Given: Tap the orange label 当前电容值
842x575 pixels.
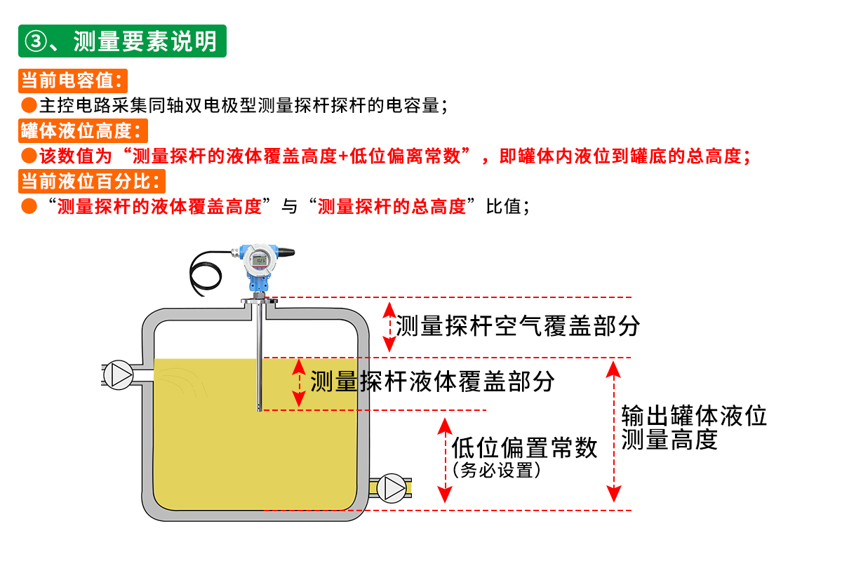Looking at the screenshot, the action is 72,81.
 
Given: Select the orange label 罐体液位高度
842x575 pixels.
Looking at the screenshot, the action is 83,130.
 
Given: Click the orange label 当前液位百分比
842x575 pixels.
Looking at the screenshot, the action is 92,181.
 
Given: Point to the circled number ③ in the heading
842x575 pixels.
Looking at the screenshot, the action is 36,41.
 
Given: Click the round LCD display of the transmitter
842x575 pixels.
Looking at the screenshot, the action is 260,260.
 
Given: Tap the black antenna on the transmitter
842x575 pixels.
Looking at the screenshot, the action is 286,252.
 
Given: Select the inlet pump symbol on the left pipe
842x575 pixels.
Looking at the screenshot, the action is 119,375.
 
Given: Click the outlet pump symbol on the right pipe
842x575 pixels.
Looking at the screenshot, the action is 392,488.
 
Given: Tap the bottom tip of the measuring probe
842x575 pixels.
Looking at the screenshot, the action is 260,410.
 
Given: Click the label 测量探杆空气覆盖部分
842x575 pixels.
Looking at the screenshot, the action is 518,325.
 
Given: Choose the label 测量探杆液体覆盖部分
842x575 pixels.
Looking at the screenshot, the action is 432,381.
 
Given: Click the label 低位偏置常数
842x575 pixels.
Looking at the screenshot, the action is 524,447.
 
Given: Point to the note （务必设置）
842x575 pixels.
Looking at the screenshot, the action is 497,470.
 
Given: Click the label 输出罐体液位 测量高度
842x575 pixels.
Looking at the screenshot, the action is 694,428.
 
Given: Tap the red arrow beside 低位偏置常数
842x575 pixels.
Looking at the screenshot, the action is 445,461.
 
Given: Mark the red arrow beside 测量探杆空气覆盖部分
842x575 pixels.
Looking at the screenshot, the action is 389,327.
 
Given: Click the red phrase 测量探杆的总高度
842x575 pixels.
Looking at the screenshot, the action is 392,207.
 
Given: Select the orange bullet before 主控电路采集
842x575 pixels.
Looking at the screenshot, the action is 29,105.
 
